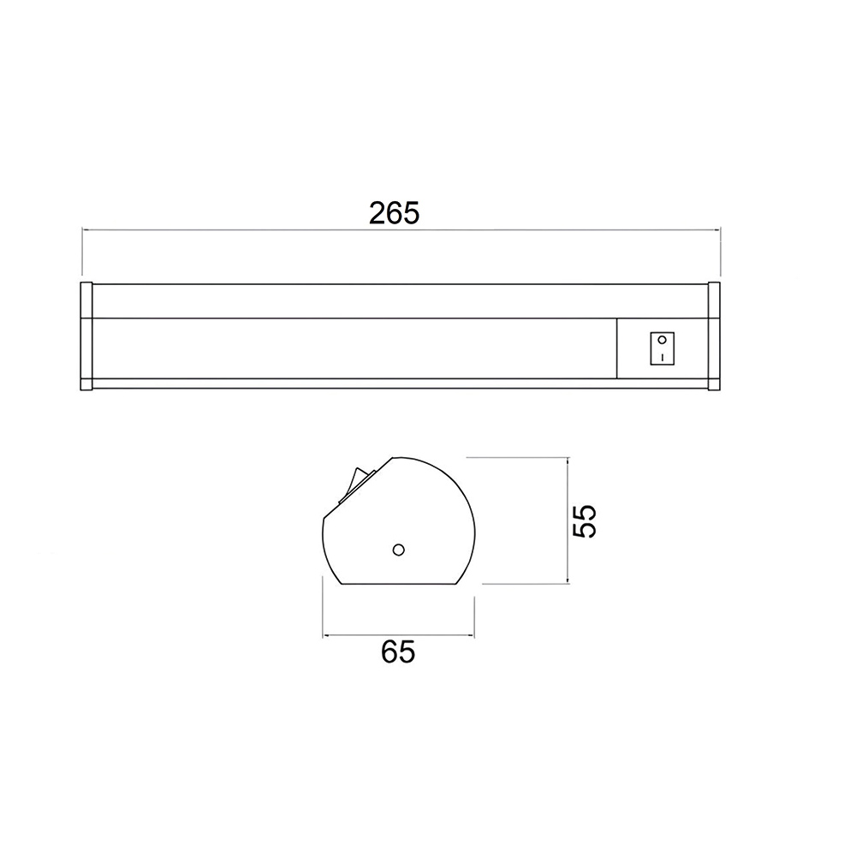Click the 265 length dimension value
(394, 213)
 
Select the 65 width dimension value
(398, 651)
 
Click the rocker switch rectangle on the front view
(662, 348)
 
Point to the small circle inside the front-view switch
(663, 340)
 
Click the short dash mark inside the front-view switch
(663, 357)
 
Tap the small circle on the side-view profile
(399, 550)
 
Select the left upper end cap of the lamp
(86, 300)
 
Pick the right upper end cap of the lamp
(714, 300)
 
